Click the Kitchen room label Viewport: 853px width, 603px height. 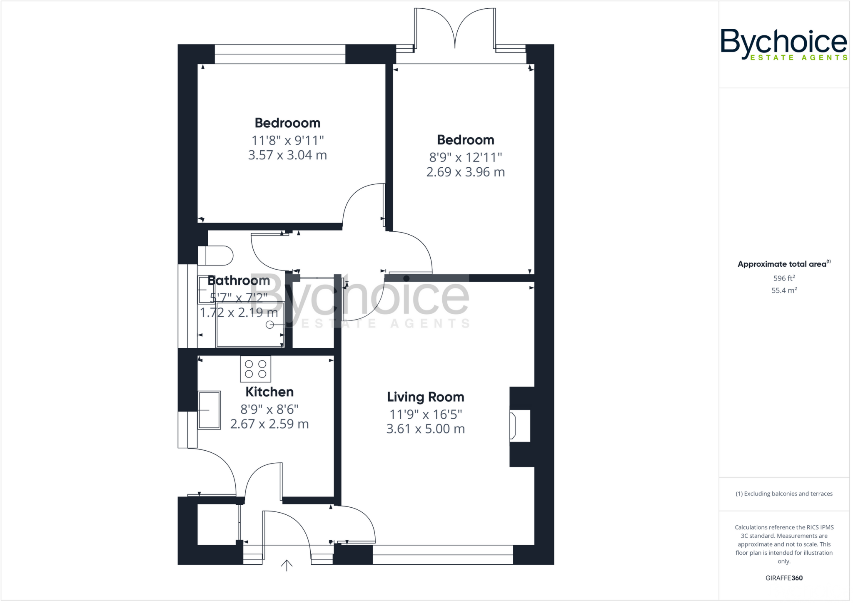click(x=269, y=392)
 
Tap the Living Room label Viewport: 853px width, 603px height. click(x=425, y=397)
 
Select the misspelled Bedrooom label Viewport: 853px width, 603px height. click(x=287, y=123)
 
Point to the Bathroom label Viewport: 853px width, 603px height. click(x=239, y=280)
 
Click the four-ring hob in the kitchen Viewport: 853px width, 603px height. click(x=255, y=369)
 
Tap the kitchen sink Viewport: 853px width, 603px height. click(x=209, y=410)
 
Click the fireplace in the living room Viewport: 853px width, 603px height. click(x=520, y=426)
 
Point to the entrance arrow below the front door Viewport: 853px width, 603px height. click(x=287, y=565)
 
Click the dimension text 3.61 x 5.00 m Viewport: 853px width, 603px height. click(x=425, y=429)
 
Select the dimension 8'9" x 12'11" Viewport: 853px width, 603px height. click(x=465, y=157)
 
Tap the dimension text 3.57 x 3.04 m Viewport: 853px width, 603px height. click(x=287, y=155)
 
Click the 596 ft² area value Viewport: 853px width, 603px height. click(x=784, y=278)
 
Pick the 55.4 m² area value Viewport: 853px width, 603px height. click(x=784, y=290)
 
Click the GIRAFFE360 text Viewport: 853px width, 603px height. click(x=784, y=578)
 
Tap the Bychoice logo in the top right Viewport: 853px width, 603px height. click(x=784, y=44)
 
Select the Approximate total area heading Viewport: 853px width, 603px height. click(x=783, y=264)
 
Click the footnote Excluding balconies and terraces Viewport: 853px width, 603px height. click(x=784, y=494)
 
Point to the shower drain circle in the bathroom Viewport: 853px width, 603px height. click(x=270, y=325)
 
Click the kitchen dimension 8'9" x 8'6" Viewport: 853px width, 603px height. click(x=269, y=409)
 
